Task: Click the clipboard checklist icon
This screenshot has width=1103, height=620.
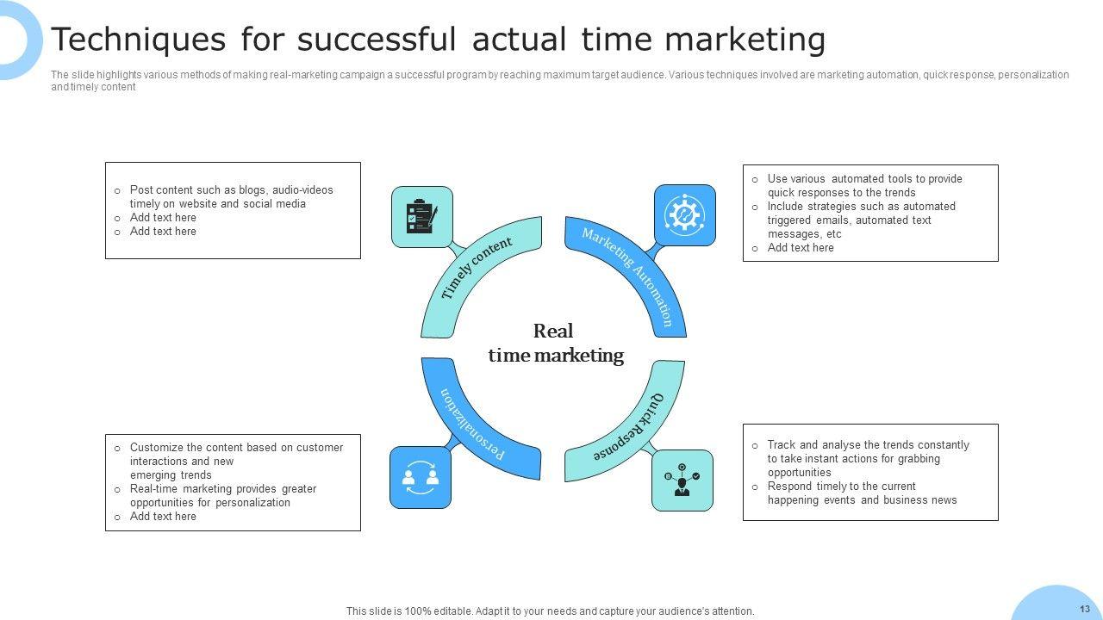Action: pos(421,216)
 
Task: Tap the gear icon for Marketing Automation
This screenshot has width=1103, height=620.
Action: pos(685,214)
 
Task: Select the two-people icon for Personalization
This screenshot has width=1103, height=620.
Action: pos(421,477)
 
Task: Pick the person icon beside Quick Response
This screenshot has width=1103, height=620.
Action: pos(682,480)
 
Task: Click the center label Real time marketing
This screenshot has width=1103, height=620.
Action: pos(556,343)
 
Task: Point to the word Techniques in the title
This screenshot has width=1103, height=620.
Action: pos(139,40)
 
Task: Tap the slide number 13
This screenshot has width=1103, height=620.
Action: pos(1084,609)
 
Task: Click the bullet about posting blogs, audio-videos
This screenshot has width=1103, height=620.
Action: pos(231,196)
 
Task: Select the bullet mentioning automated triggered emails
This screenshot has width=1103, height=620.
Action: pos(861,220)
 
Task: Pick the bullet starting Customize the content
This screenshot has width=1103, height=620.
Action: pos(236,461)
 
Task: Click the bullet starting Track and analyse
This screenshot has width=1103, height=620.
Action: pos(868,458)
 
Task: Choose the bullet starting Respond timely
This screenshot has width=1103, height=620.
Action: pos(862,493)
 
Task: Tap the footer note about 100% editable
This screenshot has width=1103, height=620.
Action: pos(550,611)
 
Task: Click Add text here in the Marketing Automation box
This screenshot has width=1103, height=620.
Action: pos(801,247)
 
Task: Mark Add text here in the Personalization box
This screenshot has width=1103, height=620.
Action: pos(163,516)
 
